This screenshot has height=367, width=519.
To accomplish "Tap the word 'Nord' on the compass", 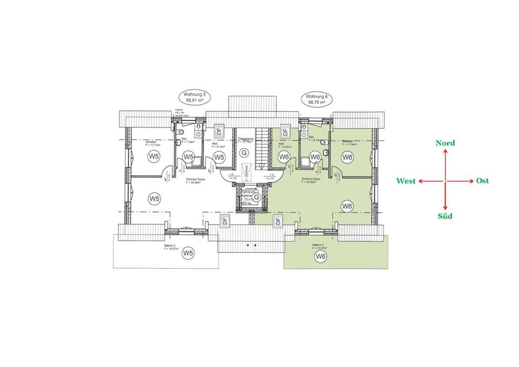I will [x=445, y=143].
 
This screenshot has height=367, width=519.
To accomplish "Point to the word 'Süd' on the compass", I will [x=444, y=216].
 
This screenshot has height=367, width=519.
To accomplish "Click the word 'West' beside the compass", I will [x=405, y=181].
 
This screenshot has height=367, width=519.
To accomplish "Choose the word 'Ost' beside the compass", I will [x=482, y=181].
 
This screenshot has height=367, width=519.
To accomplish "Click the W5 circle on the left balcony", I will [x=188, y=252].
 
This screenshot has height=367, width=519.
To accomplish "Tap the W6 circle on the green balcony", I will [x=321, y=256].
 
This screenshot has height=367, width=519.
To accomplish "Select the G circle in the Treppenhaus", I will [x=244, y=154].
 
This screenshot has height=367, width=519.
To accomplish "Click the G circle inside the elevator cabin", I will [x=257, y=197].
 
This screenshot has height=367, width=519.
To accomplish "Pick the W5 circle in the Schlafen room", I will [x=154, y=157].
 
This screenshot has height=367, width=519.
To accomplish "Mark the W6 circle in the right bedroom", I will [x=348, y=157].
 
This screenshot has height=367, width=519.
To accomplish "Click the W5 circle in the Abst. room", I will [x=219, y=157].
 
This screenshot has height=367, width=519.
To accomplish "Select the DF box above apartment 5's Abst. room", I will [x=219, y=130].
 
